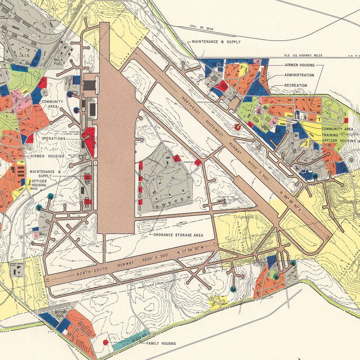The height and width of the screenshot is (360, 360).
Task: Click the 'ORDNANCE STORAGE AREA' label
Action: click(x=178, y=235)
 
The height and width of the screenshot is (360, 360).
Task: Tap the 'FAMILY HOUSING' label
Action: click(x=161, y=343)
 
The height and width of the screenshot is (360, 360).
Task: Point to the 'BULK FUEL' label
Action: click(x=59, y=62)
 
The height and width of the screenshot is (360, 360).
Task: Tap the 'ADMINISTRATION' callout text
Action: click(x=299, y=75)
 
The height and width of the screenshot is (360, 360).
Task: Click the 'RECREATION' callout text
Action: click(x=296, y=86)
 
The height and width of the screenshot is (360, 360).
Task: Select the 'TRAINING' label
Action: click(x=330, y=135)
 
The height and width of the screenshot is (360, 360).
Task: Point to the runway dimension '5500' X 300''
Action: click(x=155, y=258)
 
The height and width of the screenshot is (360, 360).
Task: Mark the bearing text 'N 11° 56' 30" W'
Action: click(x=193, y=250)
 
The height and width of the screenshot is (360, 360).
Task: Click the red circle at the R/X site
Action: click(x=105, y=342)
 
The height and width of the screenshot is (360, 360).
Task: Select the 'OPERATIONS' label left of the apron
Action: click(x=53, y=138)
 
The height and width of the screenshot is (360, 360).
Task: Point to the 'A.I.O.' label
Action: click(x=24, y=55)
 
